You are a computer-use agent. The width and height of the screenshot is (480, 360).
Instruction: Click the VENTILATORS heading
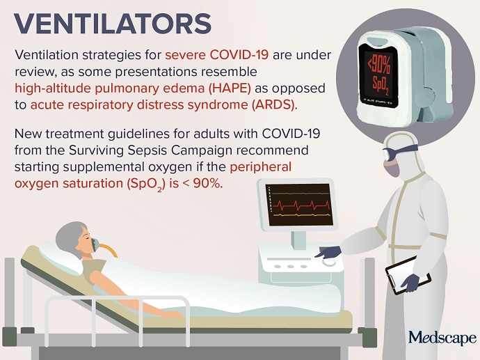[113, 24]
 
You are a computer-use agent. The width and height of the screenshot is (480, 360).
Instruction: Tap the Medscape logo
[442, 338]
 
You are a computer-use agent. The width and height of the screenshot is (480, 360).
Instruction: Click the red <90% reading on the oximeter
[379, 65]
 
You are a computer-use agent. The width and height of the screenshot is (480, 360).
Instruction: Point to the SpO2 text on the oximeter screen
[381, 85]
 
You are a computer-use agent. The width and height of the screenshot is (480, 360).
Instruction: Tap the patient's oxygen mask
[95, 244]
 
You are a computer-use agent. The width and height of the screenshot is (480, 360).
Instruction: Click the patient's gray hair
[70, 237]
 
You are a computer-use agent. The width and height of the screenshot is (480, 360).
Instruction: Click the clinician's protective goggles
[398, 151]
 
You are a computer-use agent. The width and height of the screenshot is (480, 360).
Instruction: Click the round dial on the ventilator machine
[329, 262]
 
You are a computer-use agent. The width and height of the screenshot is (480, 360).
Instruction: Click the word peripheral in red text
[260, 167]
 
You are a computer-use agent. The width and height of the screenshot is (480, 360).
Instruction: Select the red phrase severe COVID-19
[217, 55]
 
